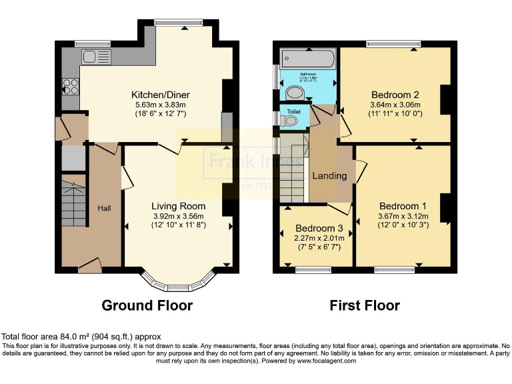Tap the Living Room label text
[x=177, y=206]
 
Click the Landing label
[x=330, y=176]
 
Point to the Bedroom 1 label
[x=403, y=205]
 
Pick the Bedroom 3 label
[x=318, y=227]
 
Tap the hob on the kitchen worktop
[x=69, y=86]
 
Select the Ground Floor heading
[x=147, y=306]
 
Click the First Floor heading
[x=365, y=306]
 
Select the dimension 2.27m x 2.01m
[x=318, y=237]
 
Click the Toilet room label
[x=293, y=111]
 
